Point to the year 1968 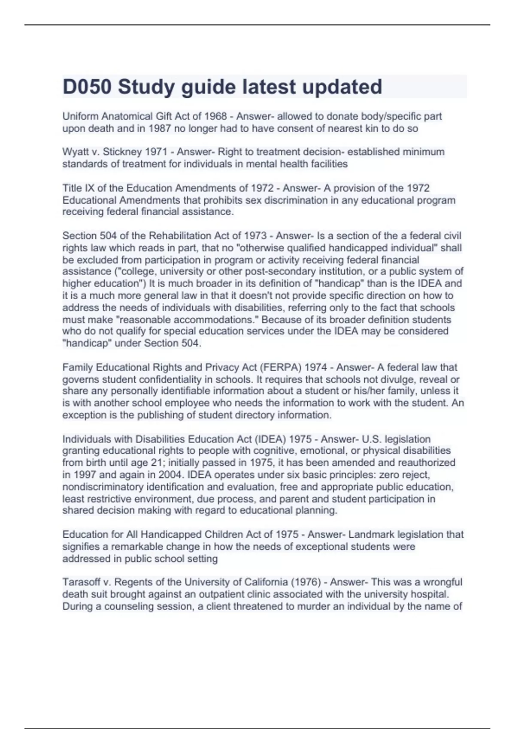215,116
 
